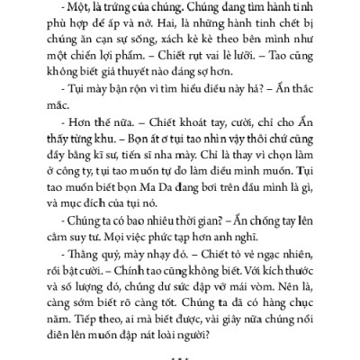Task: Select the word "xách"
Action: [x=180, y=43]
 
